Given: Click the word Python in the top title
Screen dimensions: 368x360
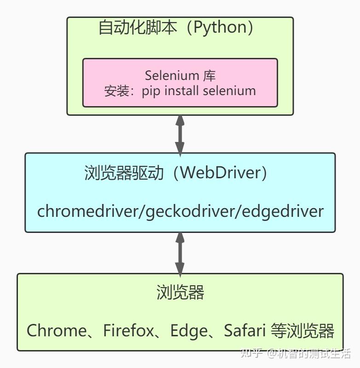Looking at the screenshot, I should (x=220, y=28).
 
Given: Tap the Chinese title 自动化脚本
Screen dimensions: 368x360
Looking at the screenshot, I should (x=137, y=28).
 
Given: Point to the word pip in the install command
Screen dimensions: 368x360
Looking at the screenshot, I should (x=151, y=91).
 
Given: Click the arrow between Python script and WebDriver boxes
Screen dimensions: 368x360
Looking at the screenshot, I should (x=180, y=134).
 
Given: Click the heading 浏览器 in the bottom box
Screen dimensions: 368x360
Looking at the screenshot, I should (x=180, y=293).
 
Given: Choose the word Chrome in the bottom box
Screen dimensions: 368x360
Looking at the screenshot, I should (x=57, y=330).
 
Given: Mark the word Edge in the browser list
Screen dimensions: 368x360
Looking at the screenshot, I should (x=186, y=330).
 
